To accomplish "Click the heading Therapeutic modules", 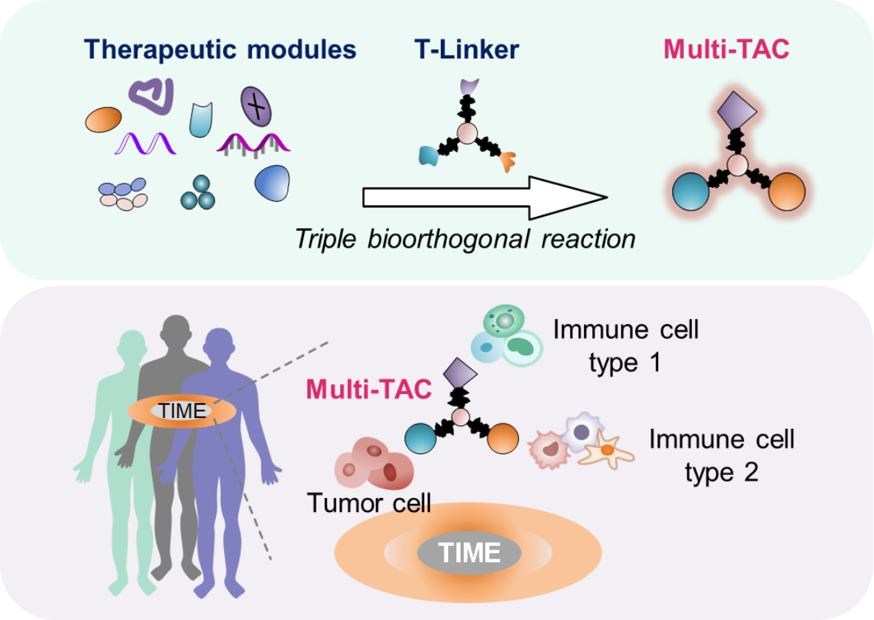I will pyautogui.click(x=220, y=50).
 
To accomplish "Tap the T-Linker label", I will pyautogui.click(x=467, y=50).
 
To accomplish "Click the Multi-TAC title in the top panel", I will pyautogui.click(x=726, y=50).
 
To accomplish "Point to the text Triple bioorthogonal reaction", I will pyautogui.click(x=465, y=239).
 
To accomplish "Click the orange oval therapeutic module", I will pyautogui.click(x=104, y=119).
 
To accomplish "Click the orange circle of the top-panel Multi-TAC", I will pyautogui.click(x=786, y=191).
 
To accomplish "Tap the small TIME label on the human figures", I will pyautogui.click(x=182, y=411).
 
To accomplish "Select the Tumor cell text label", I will pyautogui.click(x=369, y=504).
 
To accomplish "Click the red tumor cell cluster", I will pyautogui.click(x=374, y=465).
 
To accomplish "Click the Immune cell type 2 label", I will pyautogui.click(x=721, y=455).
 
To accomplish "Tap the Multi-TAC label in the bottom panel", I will pyautogui.click(x=368, y=388).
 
